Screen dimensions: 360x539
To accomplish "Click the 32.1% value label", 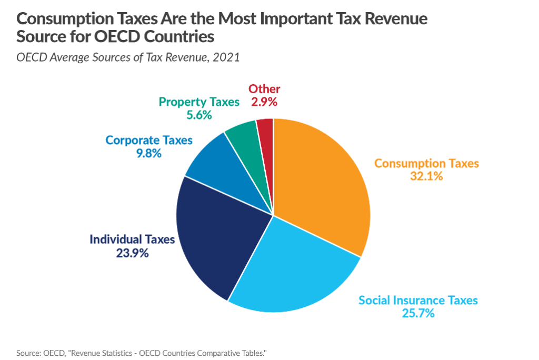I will (x=426, y=177).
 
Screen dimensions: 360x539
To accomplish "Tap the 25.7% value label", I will (x=418, y=314).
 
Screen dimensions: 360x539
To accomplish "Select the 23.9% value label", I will (x=132, y=253).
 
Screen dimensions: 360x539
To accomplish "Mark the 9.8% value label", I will (x=148, y=154).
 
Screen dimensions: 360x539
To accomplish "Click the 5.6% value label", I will (x=199, y=115).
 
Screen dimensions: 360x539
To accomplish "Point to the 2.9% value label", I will (x=264, y=102).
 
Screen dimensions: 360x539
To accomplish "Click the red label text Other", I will (x=264, y=89).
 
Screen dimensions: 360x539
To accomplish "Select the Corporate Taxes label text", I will (x=149, y=141).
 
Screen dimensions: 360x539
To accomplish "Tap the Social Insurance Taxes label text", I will (x=418, y=301).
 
